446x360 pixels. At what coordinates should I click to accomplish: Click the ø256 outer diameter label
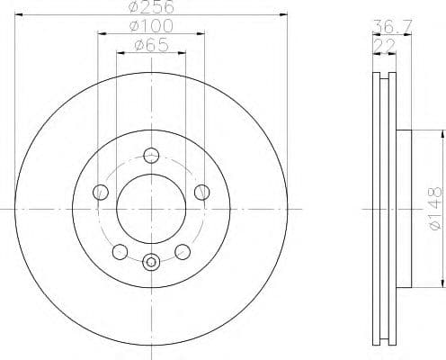pos(150,7)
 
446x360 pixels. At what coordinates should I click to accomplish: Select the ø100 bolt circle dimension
pos(150,25)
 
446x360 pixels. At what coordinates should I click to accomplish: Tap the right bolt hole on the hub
pos(202,191)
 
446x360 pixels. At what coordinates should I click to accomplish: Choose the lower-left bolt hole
pos(120,251)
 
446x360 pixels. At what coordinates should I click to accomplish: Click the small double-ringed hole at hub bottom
pos(151,263)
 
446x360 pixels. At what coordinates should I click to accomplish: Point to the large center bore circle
pos(151,208)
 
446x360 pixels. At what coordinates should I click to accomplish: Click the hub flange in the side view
pos(403,208)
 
